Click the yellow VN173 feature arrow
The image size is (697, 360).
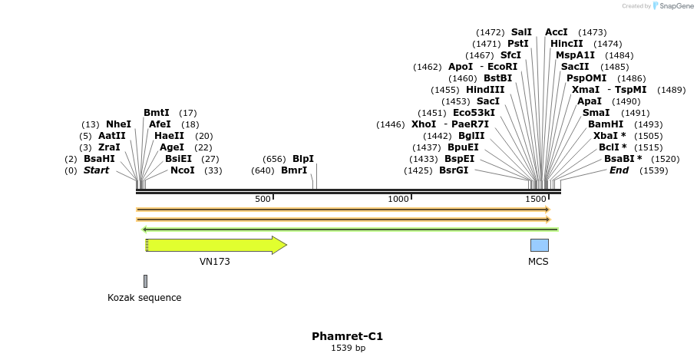[x=215, y=245]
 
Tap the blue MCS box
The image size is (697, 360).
[x=539, y=245]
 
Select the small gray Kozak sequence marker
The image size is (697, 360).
[x=145, y=281]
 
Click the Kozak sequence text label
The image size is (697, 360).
[x=144, y=298]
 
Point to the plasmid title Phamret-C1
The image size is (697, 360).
[x=347, y=336]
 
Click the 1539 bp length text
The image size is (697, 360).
[x=348, y=348]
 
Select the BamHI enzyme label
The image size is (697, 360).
[x=604, y=124]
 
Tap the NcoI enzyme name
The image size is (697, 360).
[x=183, y=170]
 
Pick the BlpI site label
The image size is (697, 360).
[x=303, y=159]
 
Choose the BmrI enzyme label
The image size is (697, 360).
[x=294, y=170]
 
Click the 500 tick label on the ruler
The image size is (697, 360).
[x=263, y=199]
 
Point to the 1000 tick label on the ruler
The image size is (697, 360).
[x=398, y=199]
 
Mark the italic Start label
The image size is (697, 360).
[x=97, y=170]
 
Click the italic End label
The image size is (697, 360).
[x=619, y=170]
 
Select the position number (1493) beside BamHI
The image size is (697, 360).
[x=649, y=124]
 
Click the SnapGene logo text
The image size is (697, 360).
[x=674, y=6]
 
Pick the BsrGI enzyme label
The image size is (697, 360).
[x=454, y=170]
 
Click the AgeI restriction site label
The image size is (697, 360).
[x=172, y=147]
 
